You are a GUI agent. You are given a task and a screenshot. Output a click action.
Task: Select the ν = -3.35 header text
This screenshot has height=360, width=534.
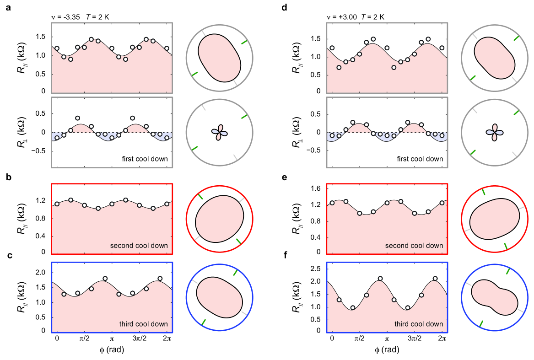[66, 17]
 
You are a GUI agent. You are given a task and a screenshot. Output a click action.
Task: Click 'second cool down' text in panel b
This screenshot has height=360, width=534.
[139, 246]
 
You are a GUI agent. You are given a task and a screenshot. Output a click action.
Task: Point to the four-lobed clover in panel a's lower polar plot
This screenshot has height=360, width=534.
[220, 132]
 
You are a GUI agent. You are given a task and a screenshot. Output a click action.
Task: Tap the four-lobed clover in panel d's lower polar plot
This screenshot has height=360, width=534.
[494, 132]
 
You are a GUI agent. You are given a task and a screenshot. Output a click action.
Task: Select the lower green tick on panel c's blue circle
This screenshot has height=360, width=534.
[204, 322]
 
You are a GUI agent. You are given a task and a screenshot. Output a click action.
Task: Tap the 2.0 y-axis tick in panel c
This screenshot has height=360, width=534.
[41, 273]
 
